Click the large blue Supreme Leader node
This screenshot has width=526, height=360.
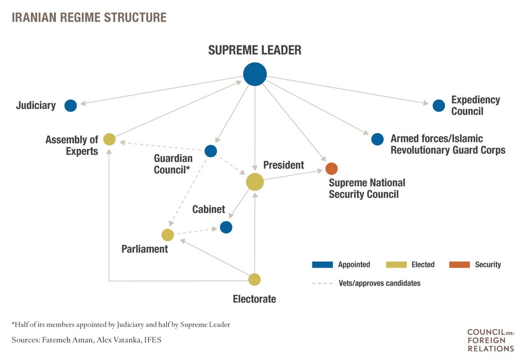click(x=255, y=74)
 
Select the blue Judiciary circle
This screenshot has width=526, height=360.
click(x=71, y=106)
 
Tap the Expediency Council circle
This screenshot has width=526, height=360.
click(x=438, y=105)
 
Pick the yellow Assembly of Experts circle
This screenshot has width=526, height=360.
click(x=109, y=140)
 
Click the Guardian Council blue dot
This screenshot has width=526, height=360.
click(x=211, y=151)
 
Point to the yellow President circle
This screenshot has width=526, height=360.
click(x=255, y=182)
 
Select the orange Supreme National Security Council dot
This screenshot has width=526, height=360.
click(x=331, y=168)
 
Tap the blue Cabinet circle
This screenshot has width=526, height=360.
click(x=226, y=227)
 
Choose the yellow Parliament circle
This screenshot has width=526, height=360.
click(x=168, y=235)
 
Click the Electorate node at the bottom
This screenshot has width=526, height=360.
click(x=255, y=279)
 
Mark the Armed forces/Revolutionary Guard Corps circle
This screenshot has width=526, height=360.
click(x=377, y=139)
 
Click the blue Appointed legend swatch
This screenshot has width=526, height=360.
click(x=322, y=265)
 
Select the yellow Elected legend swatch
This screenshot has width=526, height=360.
click(x=395, y=265)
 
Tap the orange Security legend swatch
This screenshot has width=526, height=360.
click(x=459, y=265)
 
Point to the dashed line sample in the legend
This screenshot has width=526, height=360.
click(x=322, y=283)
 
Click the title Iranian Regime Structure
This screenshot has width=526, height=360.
click(x=89, y=18)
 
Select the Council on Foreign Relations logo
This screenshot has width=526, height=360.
click(x=490, y=340)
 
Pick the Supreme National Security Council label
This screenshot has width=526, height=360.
click(x=367, y=188)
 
